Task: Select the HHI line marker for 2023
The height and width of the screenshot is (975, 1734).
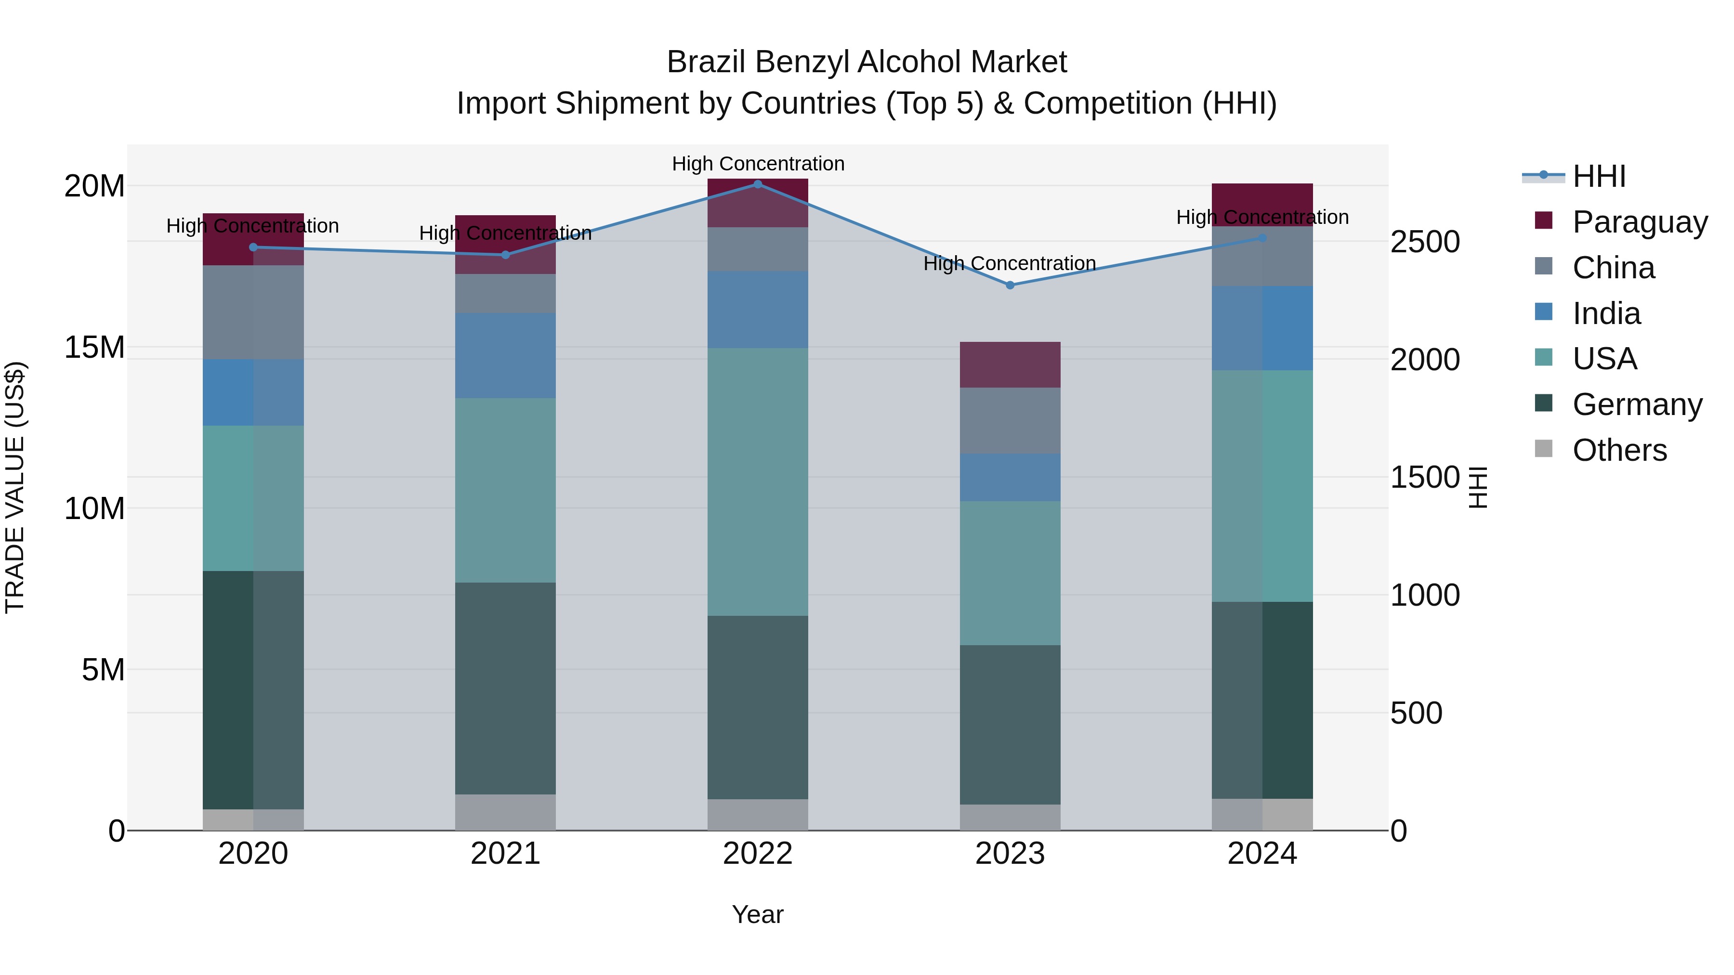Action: [x=1010, y=286]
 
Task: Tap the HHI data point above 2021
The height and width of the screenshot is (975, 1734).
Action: [x=506, y=255]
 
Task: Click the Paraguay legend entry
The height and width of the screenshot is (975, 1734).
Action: [x=1640, y=222]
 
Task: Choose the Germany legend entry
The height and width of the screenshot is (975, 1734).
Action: [x=1637, y=404]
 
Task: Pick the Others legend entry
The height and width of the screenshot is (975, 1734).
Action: [x=1619, y=450]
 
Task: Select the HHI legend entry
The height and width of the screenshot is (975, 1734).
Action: [x=1599, y=176]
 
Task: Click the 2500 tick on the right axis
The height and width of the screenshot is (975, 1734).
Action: [x=1424, y=242]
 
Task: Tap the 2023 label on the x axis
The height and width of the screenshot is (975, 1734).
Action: [x=1010, y=854]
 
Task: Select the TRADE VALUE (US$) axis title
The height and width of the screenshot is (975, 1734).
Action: [x=15, y=487]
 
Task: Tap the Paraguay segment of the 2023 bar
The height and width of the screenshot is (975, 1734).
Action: [x=1010, y=364]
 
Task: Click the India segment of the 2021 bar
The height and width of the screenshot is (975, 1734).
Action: [x=506, y=355]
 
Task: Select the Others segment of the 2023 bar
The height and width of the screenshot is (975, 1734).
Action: [x=1010, y=817]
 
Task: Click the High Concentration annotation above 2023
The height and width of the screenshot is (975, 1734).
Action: [x=1010, y=263]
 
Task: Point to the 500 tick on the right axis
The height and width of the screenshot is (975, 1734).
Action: [x=1416, y=713]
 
